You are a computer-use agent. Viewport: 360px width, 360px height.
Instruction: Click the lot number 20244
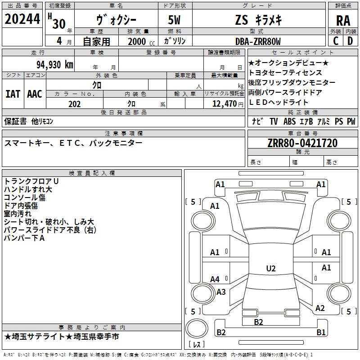22,19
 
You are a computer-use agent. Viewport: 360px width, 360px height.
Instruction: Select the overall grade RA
343,21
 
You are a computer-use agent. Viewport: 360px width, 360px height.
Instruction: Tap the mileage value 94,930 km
55,65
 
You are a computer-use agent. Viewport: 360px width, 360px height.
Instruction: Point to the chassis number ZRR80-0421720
302,143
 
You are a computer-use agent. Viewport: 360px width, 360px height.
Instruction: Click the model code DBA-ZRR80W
258,41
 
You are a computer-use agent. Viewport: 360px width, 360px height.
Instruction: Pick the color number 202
74,104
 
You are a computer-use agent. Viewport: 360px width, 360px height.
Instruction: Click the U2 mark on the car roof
271,268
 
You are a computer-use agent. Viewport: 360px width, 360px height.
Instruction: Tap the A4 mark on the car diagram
215,279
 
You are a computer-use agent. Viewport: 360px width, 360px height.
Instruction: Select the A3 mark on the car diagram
221,292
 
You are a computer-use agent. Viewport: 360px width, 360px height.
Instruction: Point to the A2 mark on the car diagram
320,308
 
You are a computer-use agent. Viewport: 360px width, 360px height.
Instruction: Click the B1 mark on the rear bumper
321,332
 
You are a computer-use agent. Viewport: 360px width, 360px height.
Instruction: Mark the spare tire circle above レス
197,328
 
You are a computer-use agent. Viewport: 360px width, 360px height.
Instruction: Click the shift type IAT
13,94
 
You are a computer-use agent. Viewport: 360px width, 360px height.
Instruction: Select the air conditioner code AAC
35,94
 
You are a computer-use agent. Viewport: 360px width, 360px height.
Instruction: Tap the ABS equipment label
289,121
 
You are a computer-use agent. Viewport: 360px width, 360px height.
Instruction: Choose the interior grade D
350,41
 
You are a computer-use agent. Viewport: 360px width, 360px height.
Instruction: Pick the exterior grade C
336,41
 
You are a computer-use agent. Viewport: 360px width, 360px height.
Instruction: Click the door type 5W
174,20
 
